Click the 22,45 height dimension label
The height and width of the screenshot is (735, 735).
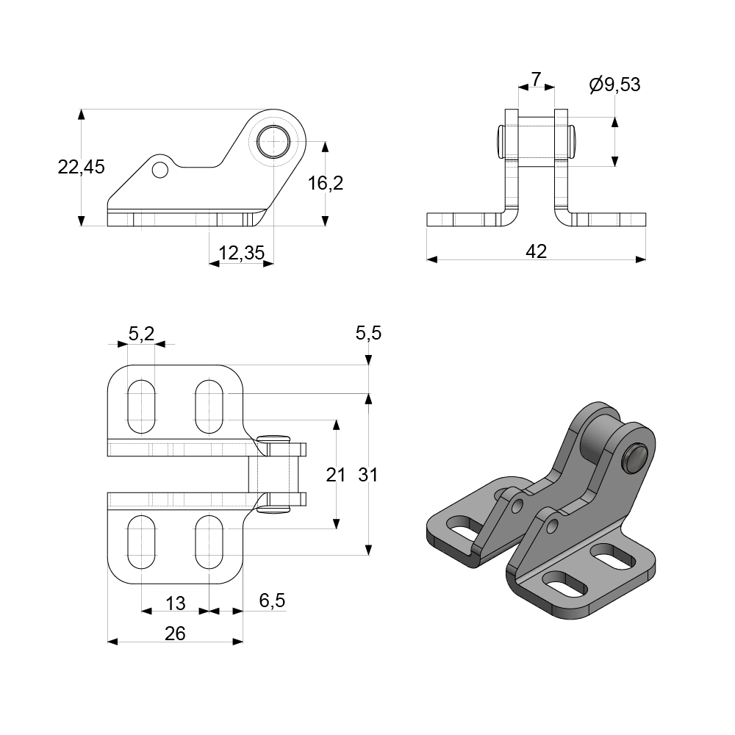pos(81,167)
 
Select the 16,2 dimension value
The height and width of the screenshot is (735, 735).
pos(325,183)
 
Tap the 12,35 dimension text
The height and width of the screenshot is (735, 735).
pos(241,254)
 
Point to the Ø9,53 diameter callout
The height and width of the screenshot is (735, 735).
pos(614,85)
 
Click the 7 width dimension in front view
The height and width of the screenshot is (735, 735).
pos(536,78)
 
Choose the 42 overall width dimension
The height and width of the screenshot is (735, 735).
pos(537,251)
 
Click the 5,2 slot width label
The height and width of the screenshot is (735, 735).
pos(141,334)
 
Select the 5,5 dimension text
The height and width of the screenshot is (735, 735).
pos(368,334)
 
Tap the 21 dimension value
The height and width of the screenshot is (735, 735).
pos(335,475)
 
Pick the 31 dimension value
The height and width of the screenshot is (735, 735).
pos(368,475)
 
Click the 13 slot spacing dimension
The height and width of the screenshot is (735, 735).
pos(175,603)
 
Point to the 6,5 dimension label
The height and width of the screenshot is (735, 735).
pos(272,600)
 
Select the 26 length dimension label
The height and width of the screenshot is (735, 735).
pos(175,634)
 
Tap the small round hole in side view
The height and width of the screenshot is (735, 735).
pos(159,171)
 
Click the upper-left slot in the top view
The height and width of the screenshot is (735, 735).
pos(142,406)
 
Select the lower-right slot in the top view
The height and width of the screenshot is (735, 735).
pos(209,542)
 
